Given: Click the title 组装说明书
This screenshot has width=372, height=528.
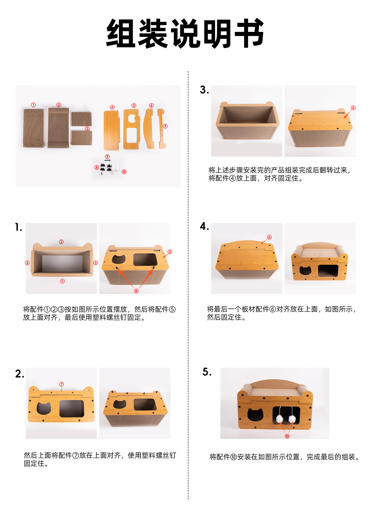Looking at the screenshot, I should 185,34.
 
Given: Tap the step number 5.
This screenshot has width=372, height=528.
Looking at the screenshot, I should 206,372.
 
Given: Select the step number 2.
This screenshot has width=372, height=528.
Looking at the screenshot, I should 19,374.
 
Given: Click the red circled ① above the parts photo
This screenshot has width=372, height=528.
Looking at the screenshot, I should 33,105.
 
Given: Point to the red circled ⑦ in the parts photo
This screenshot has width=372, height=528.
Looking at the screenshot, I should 165,126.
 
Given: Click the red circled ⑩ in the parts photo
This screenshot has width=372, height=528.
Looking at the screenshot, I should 124,172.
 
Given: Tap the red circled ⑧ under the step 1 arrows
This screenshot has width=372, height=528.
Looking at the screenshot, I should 136,291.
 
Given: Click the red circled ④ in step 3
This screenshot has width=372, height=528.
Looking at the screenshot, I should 353,108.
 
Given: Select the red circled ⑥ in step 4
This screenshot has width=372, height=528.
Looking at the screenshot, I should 269,237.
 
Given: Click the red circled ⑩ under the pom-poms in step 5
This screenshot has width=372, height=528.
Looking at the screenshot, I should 287,436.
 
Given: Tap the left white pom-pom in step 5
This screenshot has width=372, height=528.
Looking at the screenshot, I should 279,419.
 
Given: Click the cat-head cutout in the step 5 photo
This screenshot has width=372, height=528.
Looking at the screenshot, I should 255,415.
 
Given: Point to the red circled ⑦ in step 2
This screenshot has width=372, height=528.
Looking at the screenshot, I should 62,384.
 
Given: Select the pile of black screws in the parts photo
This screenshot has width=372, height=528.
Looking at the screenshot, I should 106,167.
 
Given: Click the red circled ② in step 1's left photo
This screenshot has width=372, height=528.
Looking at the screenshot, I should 61,242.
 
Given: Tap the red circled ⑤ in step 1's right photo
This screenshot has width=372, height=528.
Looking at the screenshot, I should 170,252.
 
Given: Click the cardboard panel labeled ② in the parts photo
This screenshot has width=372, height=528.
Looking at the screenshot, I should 58,128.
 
